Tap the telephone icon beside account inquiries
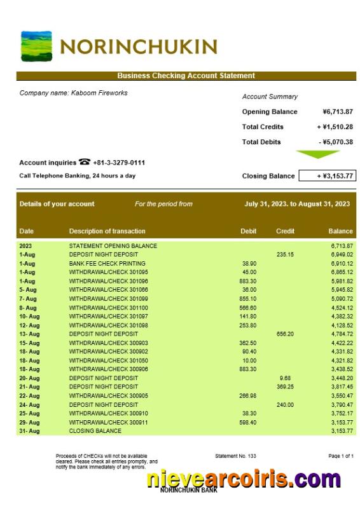point(85,163)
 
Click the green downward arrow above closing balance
point(318,154)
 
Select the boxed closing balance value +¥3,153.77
point(327,176)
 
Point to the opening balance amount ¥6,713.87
point(337,112)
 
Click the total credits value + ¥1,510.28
point(335,127)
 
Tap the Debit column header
point(249,231)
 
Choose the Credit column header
point(285,231)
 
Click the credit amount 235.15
point(285,254)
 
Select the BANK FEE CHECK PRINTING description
point(107,263)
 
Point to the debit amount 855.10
point(248,299)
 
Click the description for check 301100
point(108,308)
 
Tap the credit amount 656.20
point(285,334)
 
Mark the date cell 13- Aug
point(29,334)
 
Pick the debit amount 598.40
point(248,422)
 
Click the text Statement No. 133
point(235,456)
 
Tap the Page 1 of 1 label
point(340,456)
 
